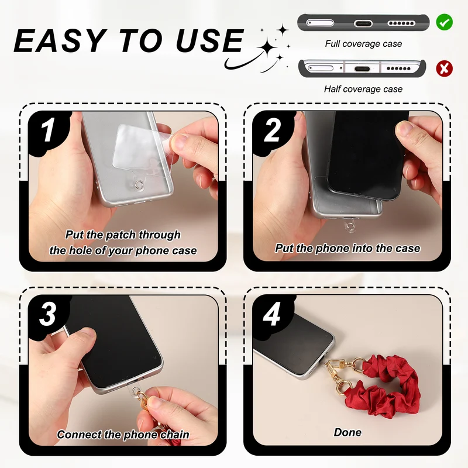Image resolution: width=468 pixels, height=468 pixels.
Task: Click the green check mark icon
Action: (444, 22)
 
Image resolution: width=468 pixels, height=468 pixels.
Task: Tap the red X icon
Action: (444, 68)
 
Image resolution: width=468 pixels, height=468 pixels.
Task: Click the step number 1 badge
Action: (48, 130)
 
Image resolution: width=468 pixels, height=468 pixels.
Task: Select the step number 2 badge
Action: (272, 130)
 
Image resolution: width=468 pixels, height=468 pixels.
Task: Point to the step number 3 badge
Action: (48, 314)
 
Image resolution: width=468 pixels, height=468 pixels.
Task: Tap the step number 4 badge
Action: (271, 314)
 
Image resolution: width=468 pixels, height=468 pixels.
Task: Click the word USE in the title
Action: (209, 40)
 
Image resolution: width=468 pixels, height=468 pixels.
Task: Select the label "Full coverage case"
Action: (363, 44)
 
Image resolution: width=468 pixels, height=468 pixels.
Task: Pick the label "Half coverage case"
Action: (363, 89)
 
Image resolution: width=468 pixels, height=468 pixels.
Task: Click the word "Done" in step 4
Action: (347, 432)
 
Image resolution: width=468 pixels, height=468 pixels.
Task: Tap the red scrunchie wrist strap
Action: (385, 385)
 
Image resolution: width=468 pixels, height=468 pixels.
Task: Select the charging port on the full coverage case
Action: (363, 23)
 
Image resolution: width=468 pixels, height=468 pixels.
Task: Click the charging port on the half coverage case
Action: (362, 69)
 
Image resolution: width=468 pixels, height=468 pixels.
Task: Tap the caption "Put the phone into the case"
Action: (347, 248)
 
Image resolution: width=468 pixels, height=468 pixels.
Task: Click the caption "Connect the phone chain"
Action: (123, 435)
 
